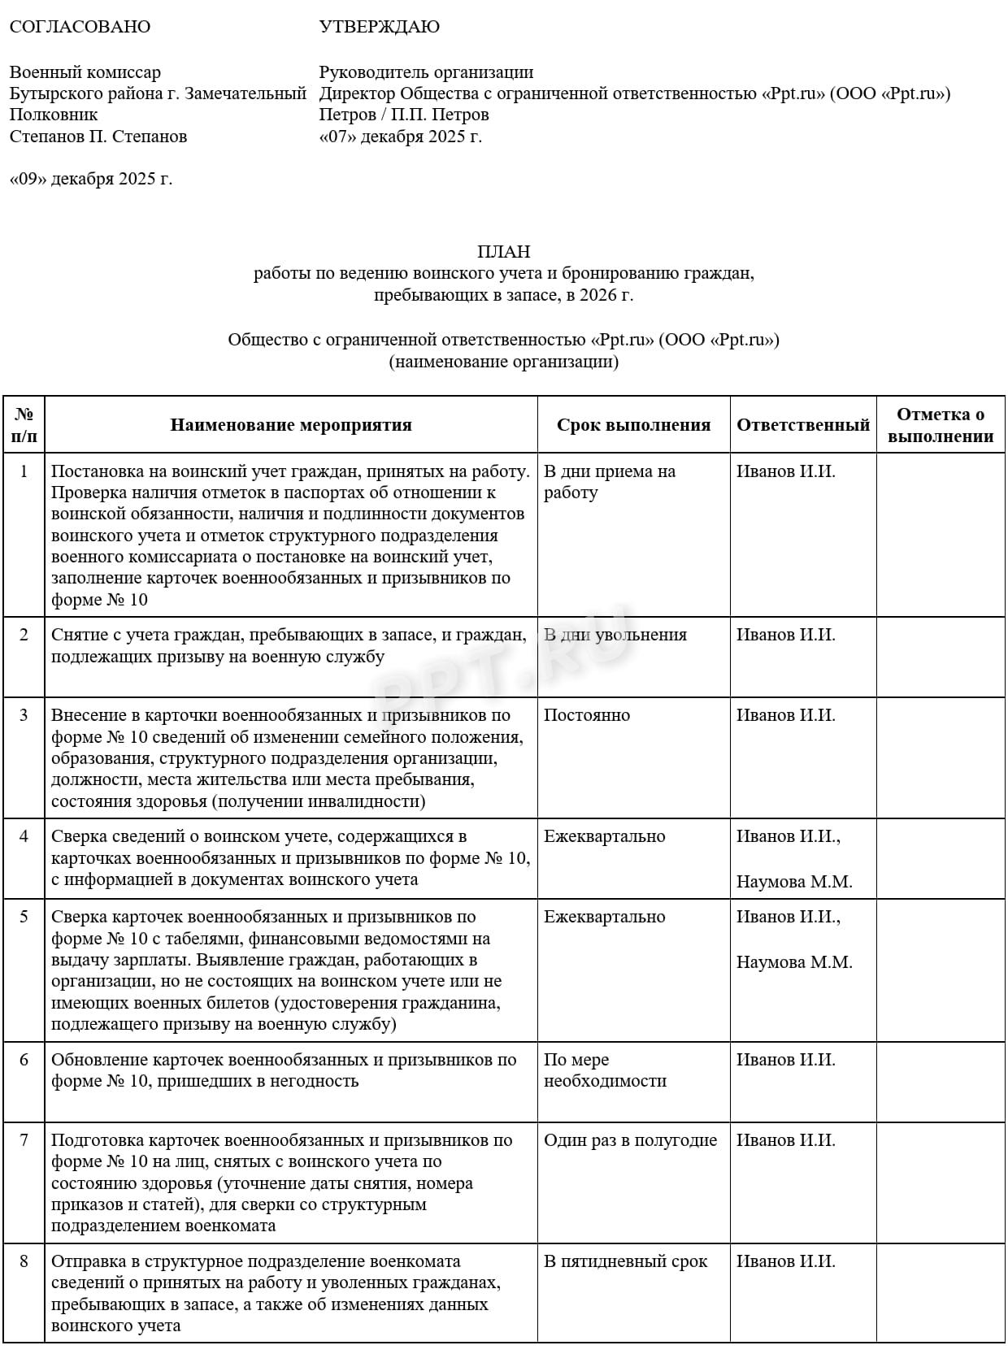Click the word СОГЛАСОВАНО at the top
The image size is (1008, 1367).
click(80, 27)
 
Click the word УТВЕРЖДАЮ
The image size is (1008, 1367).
click(379, 27)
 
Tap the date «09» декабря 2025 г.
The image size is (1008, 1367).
click(91, 179)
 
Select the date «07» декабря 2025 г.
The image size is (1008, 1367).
click(401, 136)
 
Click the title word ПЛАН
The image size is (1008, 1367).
click(504, 252)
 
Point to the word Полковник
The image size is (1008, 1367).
click(54, 115)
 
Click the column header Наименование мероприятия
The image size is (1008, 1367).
click(291, 425)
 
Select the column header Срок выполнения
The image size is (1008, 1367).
click(633, 425)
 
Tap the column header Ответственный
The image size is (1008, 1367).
click(803, 425)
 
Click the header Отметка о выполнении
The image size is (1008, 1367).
click(941, 425)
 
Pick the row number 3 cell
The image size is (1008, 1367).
click(24, 715)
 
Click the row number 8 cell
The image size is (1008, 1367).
click(24, 1261)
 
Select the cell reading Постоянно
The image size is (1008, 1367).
click(587, 715)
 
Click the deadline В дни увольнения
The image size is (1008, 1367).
click(615, 635)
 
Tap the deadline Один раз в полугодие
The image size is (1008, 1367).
click(631, 1140)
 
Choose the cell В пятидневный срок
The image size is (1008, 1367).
click(626, 1261)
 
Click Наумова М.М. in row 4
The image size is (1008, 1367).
click(794, 882)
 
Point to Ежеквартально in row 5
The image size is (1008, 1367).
click(605, 917)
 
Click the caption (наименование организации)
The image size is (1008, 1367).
click(504, 362)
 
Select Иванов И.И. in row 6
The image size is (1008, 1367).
click(786, 1060)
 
